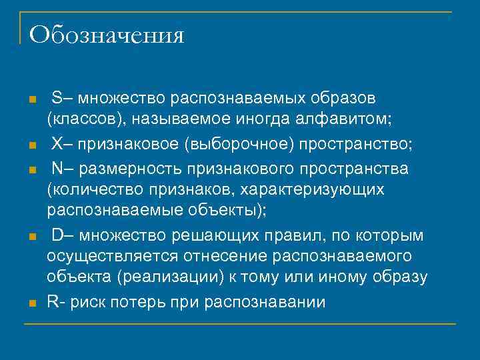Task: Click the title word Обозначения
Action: pyautogui.click(x=107, y=35)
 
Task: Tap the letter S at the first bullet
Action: pyautogui.click(x=57, y=99)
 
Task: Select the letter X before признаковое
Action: pyautogui.click(x=57, y=145)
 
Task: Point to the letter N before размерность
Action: pyautogui.click(x=57, y=168)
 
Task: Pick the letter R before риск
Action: pyautogui.click(x=52, y=301)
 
